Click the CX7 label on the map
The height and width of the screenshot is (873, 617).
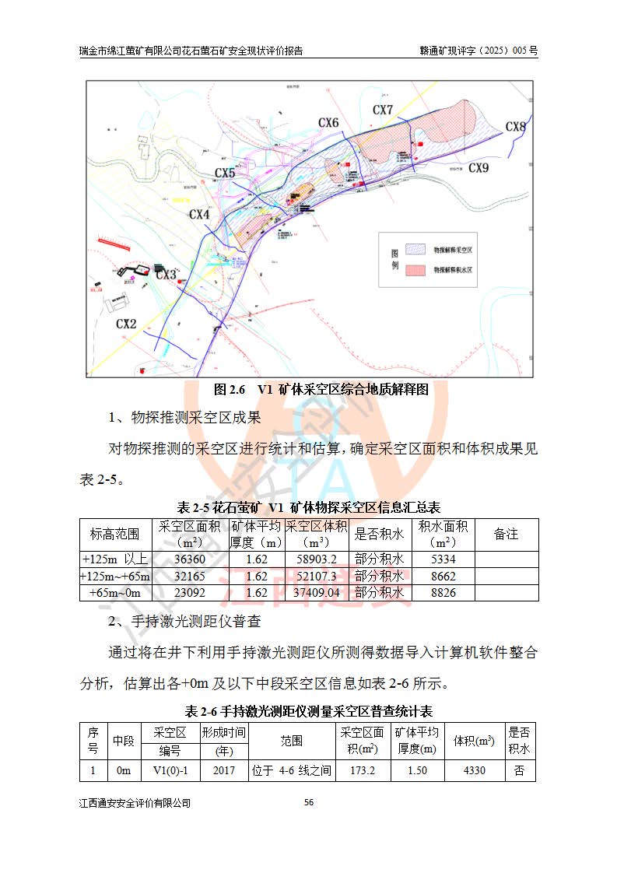coord(383,110)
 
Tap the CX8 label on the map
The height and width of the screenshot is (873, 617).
coord(515,127)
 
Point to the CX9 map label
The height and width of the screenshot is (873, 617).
coord(479,167)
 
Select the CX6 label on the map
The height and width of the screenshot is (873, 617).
coord(328,123)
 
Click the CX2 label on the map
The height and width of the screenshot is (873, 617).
coord(126,323)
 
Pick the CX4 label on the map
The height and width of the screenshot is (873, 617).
coord(199,214)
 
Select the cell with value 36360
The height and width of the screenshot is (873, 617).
coord(190,559)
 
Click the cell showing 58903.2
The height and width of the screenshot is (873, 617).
coord(317,559)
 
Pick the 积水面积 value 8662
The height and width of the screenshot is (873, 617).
coord(442,577)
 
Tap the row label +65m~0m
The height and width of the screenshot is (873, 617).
coord(115,593)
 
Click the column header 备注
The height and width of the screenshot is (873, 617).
coord(506,535)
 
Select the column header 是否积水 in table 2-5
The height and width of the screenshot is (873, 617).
coord(379,535)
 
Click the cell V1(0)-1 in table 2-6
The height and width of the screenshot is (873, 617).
coord(170,771)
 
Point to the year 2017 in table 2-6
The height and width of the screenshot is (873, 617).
coord(223,771)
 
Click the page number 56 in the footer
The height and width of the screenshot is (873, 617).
coord(308,802)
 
